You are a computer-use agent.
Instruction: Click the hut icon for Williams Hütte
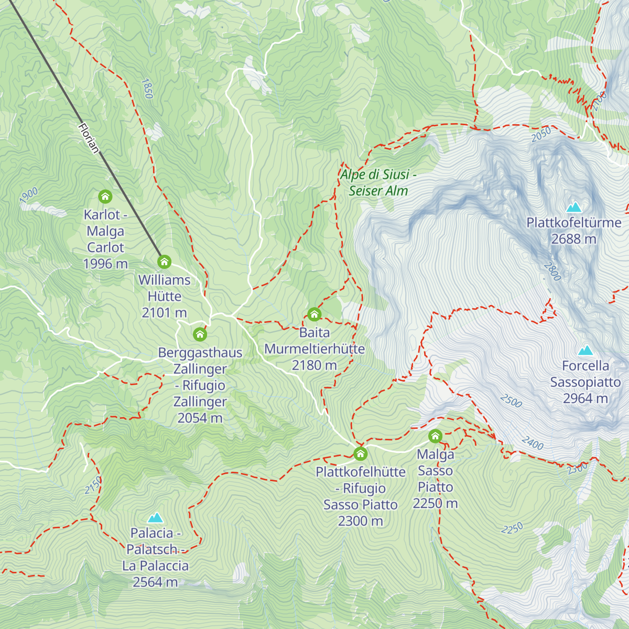click(165, 262)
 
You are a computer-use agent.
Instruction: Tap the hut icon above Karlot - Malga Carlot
click(105, 197)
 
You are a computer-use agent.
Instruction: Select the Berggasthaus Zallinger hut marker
click(200, 334)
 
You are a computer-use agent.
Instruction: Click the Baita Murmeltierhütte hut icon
click(314, 314)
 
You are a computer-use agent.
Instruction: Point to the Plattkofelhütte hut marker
click(360, 453)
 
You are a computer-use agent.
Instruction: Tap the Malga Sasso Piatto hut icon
click(435, 436)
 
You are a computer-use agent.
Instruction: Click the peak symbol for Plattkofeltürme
click(574, 207)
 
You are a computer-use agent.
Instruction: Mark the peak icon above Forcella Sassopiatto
click(585, 350)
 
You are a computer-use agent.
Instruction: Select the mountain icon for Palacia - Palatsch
click(155, 518)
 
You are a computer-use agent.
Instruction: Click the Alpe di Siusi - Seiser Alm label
click(378, 182)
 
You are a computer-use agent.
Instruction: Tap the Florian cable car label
click(88, 138)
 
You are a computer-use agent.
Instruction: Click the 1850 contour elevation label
click(147, 89)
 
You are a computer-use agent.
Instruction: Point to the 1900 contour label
click(29, 195)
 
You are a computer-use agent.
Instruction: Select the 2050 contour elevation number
click(541, 135)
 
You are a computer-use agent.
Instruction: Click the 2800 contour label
click(552, 271)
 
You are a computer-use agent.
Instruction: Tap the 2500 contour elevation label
click(511, 401)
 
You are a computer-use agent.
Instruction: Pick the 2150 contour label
click(93, 485)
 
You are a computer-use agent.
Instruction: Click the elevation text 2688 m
click(573, 239)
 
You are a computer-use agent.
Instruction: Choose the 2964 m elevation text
click(585, 398)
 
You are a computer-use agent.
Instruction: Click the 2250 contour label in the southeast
click(512, 528)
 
